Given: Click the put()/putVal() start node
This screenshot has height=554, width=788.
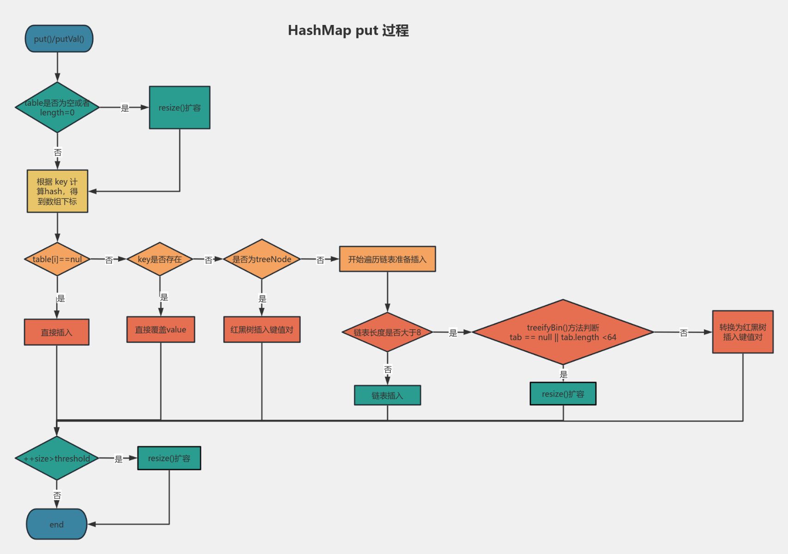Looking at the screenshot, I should coord(59,39).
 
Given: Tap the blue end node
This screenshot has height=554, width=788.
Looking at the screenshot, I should coord(57,524).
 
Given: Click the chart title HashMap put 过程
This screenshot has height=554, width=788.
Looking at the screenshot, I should coord(348,30).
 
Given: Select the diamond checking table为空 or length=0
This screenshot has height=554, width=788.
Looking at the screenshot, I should coord(57,108).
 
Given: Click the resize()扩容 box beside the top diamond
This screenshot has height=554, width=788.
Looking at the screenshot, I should coord(180,108).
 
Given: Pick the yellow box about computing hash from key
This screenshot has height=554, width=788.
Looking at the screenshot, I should coord(57,191).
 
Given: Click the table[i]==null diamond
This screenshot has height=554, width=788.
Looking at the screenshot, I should coord(57,259).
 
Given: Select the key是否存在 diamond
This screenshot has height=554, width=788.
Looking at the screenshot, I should coord(160,259).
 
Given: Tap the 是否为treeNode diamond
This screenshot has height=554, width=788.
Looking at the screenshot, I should coord(262,259).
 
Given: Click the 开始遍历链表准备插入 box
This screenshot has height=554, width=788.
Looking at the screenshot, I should coord(387,259).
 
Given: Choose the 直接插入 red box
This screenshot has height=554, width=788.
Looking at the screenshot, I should coord(57,332).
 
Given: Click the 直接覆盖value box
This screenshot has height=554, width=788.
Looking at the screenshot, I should coord(161,330).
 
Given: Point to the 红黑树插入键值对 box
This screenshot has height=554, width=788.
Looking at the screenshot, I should coord(262,330).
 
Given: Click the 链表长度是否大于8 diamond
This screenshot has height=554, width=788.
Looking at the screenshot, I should coord(387,332).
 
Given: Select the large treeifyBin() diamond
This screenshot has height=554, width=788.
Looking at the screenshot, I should coord(563,332).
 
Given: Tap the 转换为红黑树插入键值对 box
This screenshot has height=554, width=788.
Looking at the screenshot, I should coord(743,332).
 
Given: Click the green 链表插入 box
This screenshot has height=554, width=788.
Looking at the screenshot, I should coord(387,395).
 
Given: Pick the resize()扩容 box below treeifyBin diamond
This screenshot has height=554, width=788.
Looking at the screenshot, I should coord(563,394).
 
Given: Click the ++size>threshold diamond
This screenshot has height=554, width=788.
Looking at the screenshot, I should coord(57,458).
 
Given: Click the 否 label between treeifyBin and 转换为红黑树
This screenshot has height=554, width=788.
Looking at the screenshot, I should coord(684,332).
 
